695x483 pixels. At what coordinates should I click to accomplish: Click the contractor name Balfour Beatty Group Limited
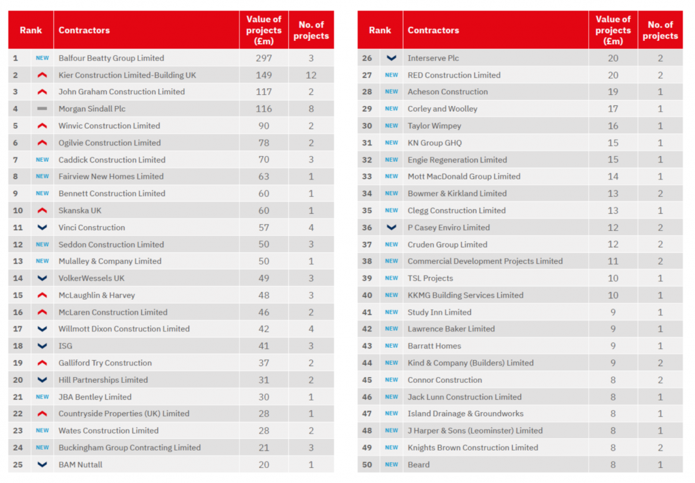click(x=111, y=58)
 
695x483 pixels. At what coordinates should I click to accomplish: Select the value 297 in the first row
click(x=264, y=58)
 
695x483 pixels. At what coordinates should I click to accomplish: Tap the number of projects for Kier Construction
click(x=310, y=75)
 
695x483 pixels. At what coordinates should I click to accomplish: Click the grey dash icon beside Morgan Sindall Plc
click(x=42, y=109)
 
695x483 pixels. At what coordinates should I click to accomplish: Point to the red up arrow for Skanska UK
click(x=42, y=211)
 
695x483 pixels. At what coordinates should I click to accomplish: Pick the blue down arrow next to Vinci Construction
click(x=42, y=228)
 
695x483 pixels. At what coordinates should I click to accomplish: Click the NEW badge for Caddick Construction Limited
click(x=42, y=160)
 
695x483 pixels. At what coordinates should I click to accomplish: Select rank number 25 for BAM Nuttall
click(x=18, y=465)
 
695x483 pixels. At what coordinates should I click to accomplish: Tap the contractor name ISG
click(x=66, y=346)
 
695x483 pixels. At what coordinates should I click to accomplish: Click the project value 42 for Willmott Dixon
click(x=264, y=329)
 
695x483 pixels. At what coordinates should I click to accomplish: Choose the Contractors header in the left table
click(x=84, y=30)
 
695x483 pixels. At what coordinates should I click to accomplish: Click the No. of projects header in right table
click(x=660, y=30)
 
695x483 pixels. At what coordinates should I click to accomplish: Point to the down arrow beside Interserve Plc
click(x=391, y=58)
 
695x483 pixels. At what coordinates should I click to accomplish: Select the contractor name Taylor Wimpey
click(x=434, y=125)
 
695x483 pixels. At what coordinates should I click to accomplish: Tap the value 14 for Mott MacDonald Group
click(x=613, y=176)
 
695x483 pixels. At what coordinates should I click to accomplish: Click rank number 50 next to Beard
click(x=367, y=465)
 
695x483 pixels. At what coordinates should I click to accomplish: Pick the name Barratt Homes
click(x=434, y=346)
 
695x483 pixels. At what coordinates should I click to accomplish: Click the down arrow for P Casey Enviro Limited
click(x=391, y=228)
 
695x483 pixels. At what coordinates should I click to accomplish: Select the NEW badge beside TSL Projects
click(x=391, y=278)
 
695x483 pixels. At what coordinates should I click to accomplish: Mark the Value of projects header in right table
click(x=613, y=30)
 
